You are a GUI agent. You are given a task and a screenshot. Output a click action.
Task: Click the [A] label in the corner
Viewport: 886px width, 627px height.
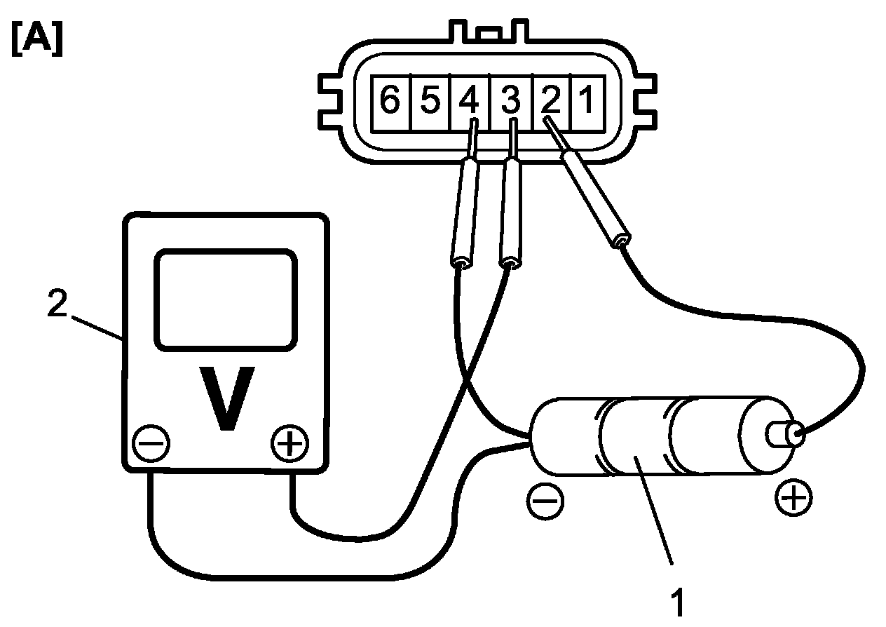[x=37, y=40]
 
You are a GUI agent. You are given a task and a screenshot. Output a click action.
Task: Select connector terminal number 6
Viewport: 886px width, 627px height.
[x=389, y=101]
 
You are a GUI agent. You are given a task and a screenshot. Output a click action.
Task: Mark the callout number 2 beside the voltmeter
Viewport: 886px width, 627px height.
[x=57, y=305]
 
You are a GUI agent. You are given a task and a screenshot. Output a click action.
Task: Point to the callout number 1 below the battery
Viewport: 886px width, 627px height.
[x=676, y=602]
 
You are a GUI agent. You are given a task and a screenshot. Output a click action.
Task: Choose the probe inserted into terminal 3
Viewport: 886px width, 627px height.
[x=510, y=210]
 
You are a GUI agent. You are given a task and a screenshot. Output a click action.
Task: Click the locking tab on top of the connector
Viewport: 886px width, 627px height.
[x=489, y=33]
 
